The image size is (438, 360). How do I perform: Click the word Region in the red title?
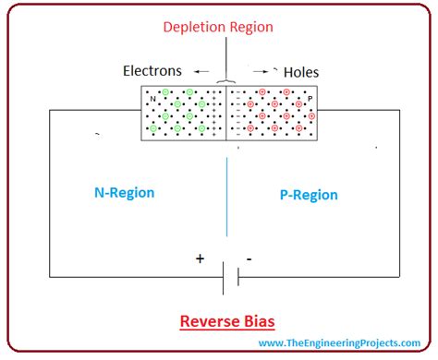pos(251,27)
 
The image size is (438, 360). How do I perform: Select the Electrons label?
pos(154,70)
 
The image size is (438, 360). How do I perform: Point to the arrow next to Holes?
pos(261,70)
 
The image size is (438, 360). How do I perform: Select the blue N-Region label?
pos(124,193)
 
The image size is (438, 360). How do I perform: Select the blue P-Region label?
pos(309,195)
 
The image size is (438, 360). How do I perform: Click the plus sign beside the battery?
pos(200,258)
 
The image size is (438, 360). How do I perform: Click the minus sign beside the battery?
pos(249,259)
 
